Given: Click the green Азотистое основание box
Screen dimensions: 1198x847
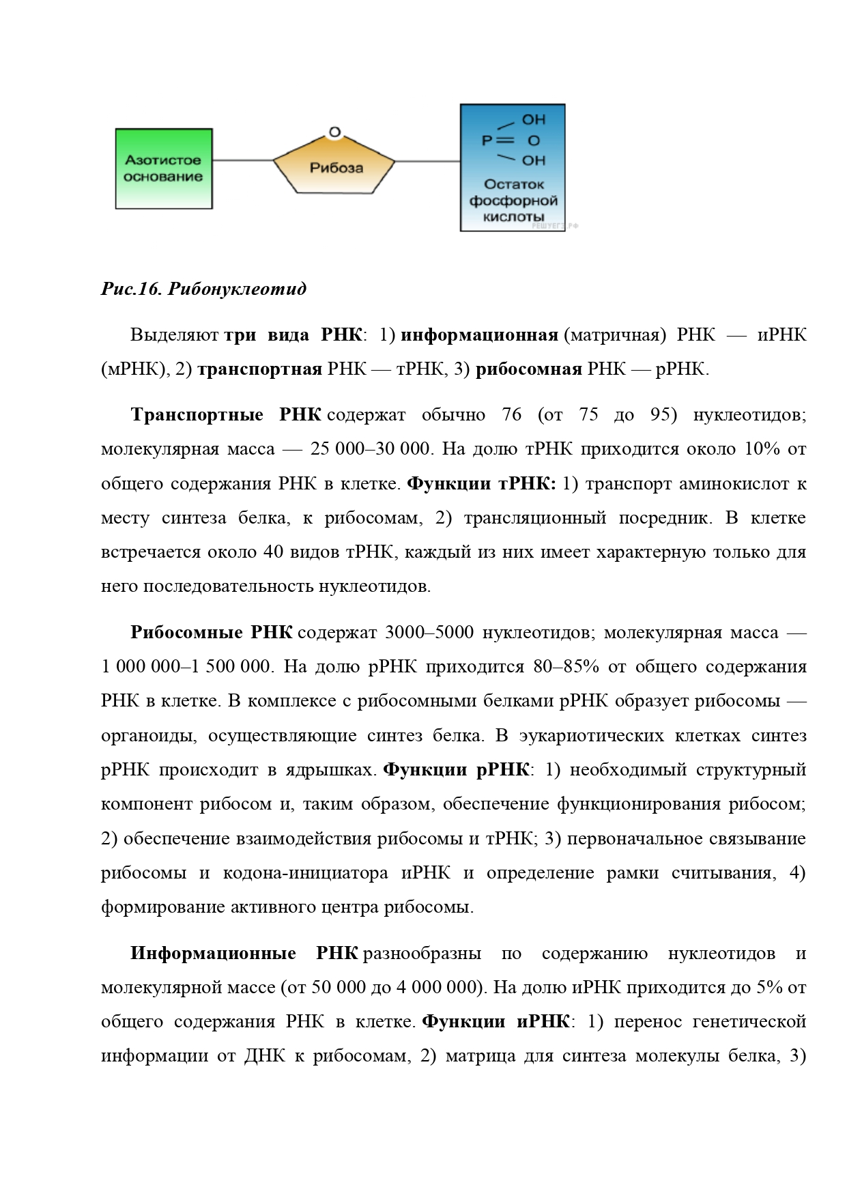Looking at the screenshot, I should coord(163,169).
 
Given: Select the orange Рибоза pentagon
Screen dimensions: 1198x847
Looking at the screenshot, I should coord(334,168).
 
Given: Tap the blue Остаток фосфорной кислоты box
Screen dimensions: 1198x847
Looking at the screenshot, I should coord(513,168).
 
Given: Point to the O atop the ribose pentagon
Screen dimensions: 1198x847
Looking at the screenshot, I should coord(334,132).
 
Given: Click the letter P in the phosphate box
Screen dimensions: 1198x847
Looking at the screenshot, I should coord(487,141).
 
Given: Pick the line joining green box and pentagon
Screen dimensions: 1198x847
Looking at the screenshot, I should coord(242,161).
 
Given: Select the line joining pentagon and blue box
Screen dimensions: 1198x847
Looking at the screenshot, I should coord(428,161).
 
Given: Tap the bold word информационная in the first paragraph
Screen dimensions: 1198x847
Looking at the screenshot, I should coord(479,335).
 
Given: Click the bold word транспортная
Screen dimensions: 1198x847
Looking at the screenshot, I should coord(259,369).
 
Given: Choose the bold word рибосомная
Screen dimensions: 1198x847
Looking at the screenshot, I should coord(528,369).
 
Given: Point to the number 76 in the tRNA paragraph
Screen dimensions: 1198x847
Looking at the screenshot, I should coord(511,415).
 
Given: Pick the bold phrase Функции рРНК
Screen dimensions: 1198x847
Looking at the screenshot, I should coord(456,770).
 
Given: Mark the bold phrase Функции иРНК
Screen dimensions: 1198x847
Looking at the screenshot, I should coord(496,1022).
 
